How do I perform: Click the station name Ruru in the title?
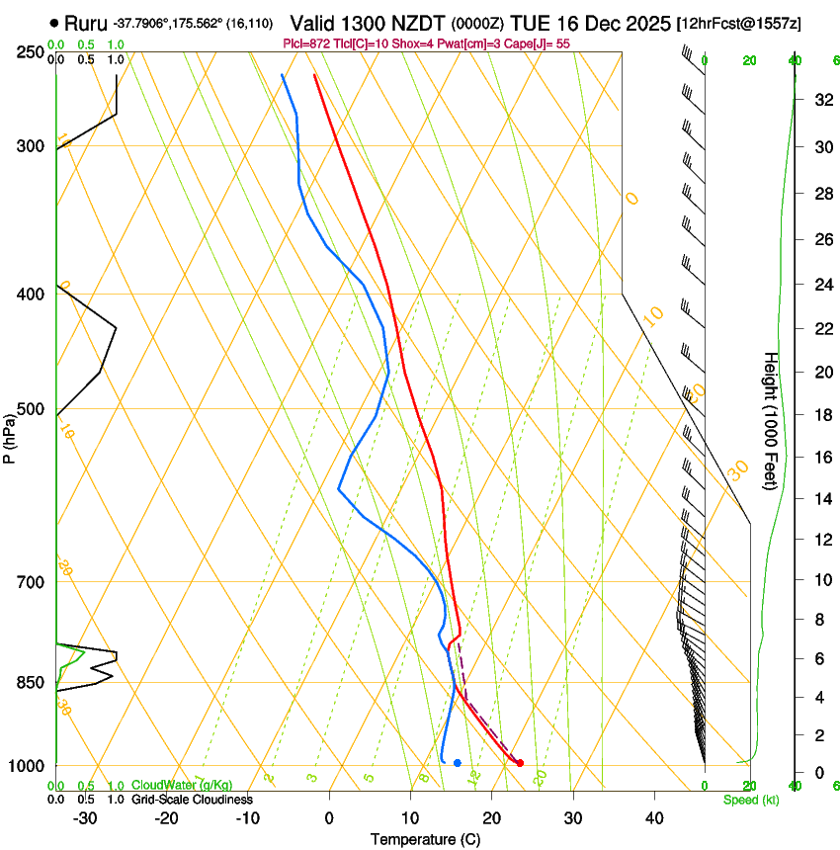point(85,23)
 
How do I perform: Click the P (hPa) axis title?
point(10,435)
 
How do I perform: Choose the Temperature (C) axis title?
point(425,839)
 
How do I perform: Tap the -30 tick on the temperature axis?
point(85,817)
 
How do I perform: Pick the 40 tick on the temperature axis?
point(654,817)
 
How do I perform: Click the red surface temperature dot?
point(520,762)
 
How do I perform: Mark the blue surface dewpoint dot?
point(457,762)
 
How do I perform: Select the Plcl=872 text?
point(305,43)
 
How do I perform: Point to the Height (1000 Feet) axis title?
point(771,420)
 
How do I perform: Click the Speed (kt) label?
point(750,800)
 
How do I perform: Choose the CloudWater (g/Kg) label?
point(182,786)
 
